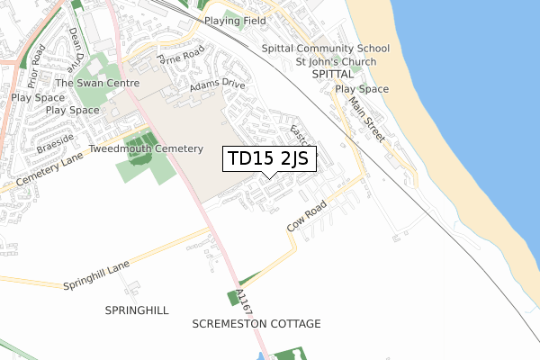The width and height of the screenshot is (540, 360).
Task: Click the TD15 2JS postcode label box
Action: pos(268,159)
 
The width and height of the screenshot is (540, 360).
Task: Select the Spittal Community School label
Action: pos(326,49)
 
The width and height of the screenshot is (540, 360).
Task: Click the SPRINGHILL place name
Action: pos(137,310)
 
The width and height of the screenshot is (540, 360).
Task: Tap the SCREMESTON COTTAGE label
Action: pos(256,323)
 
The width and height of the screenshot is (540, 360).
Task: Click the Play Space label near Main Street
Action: pos(362,89)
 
